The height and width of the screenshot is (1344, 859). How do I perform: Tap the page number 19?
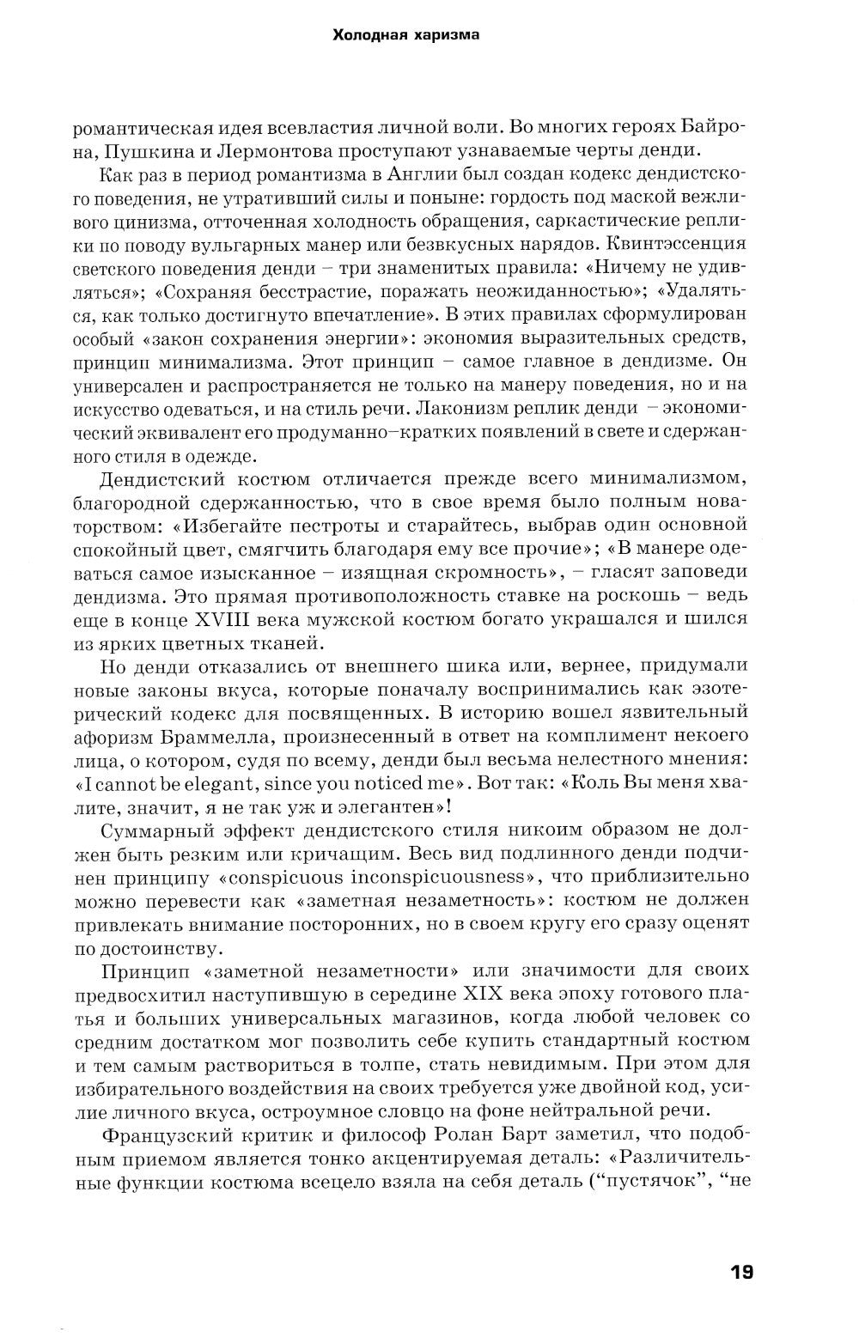pos(741,1247)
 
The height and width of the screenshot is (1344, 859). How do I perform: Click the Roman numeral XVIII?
pos(246,617)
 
